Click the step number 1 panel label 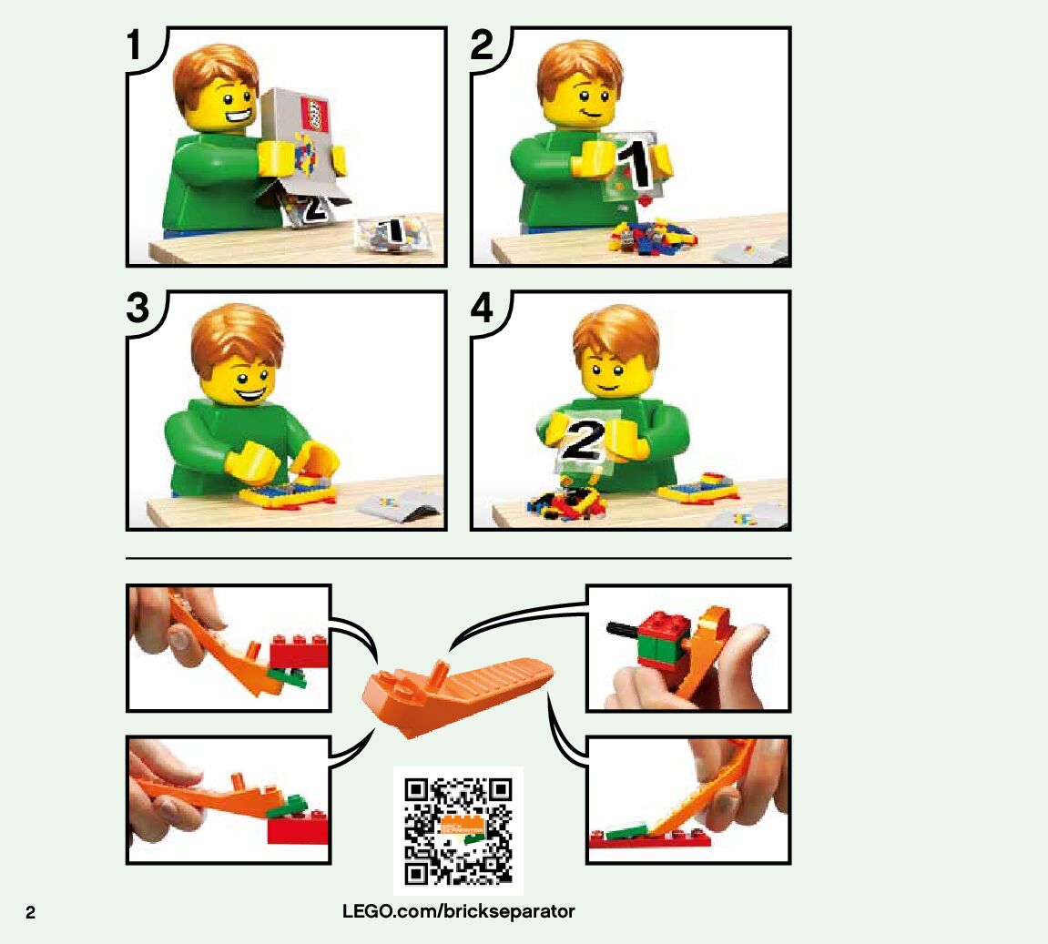[x=135, y=45]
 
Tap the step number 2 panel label [x=482, y=45]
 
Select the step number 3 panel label [x=138, y=308]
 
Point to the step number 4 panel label [x=482, y=308]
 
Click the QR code [x=458, y=830]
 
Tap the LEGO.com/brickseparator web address [x=459, y=911]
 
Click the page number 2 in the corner [x=30, y=913]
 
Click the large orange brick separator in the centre [x=456, y=694]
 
